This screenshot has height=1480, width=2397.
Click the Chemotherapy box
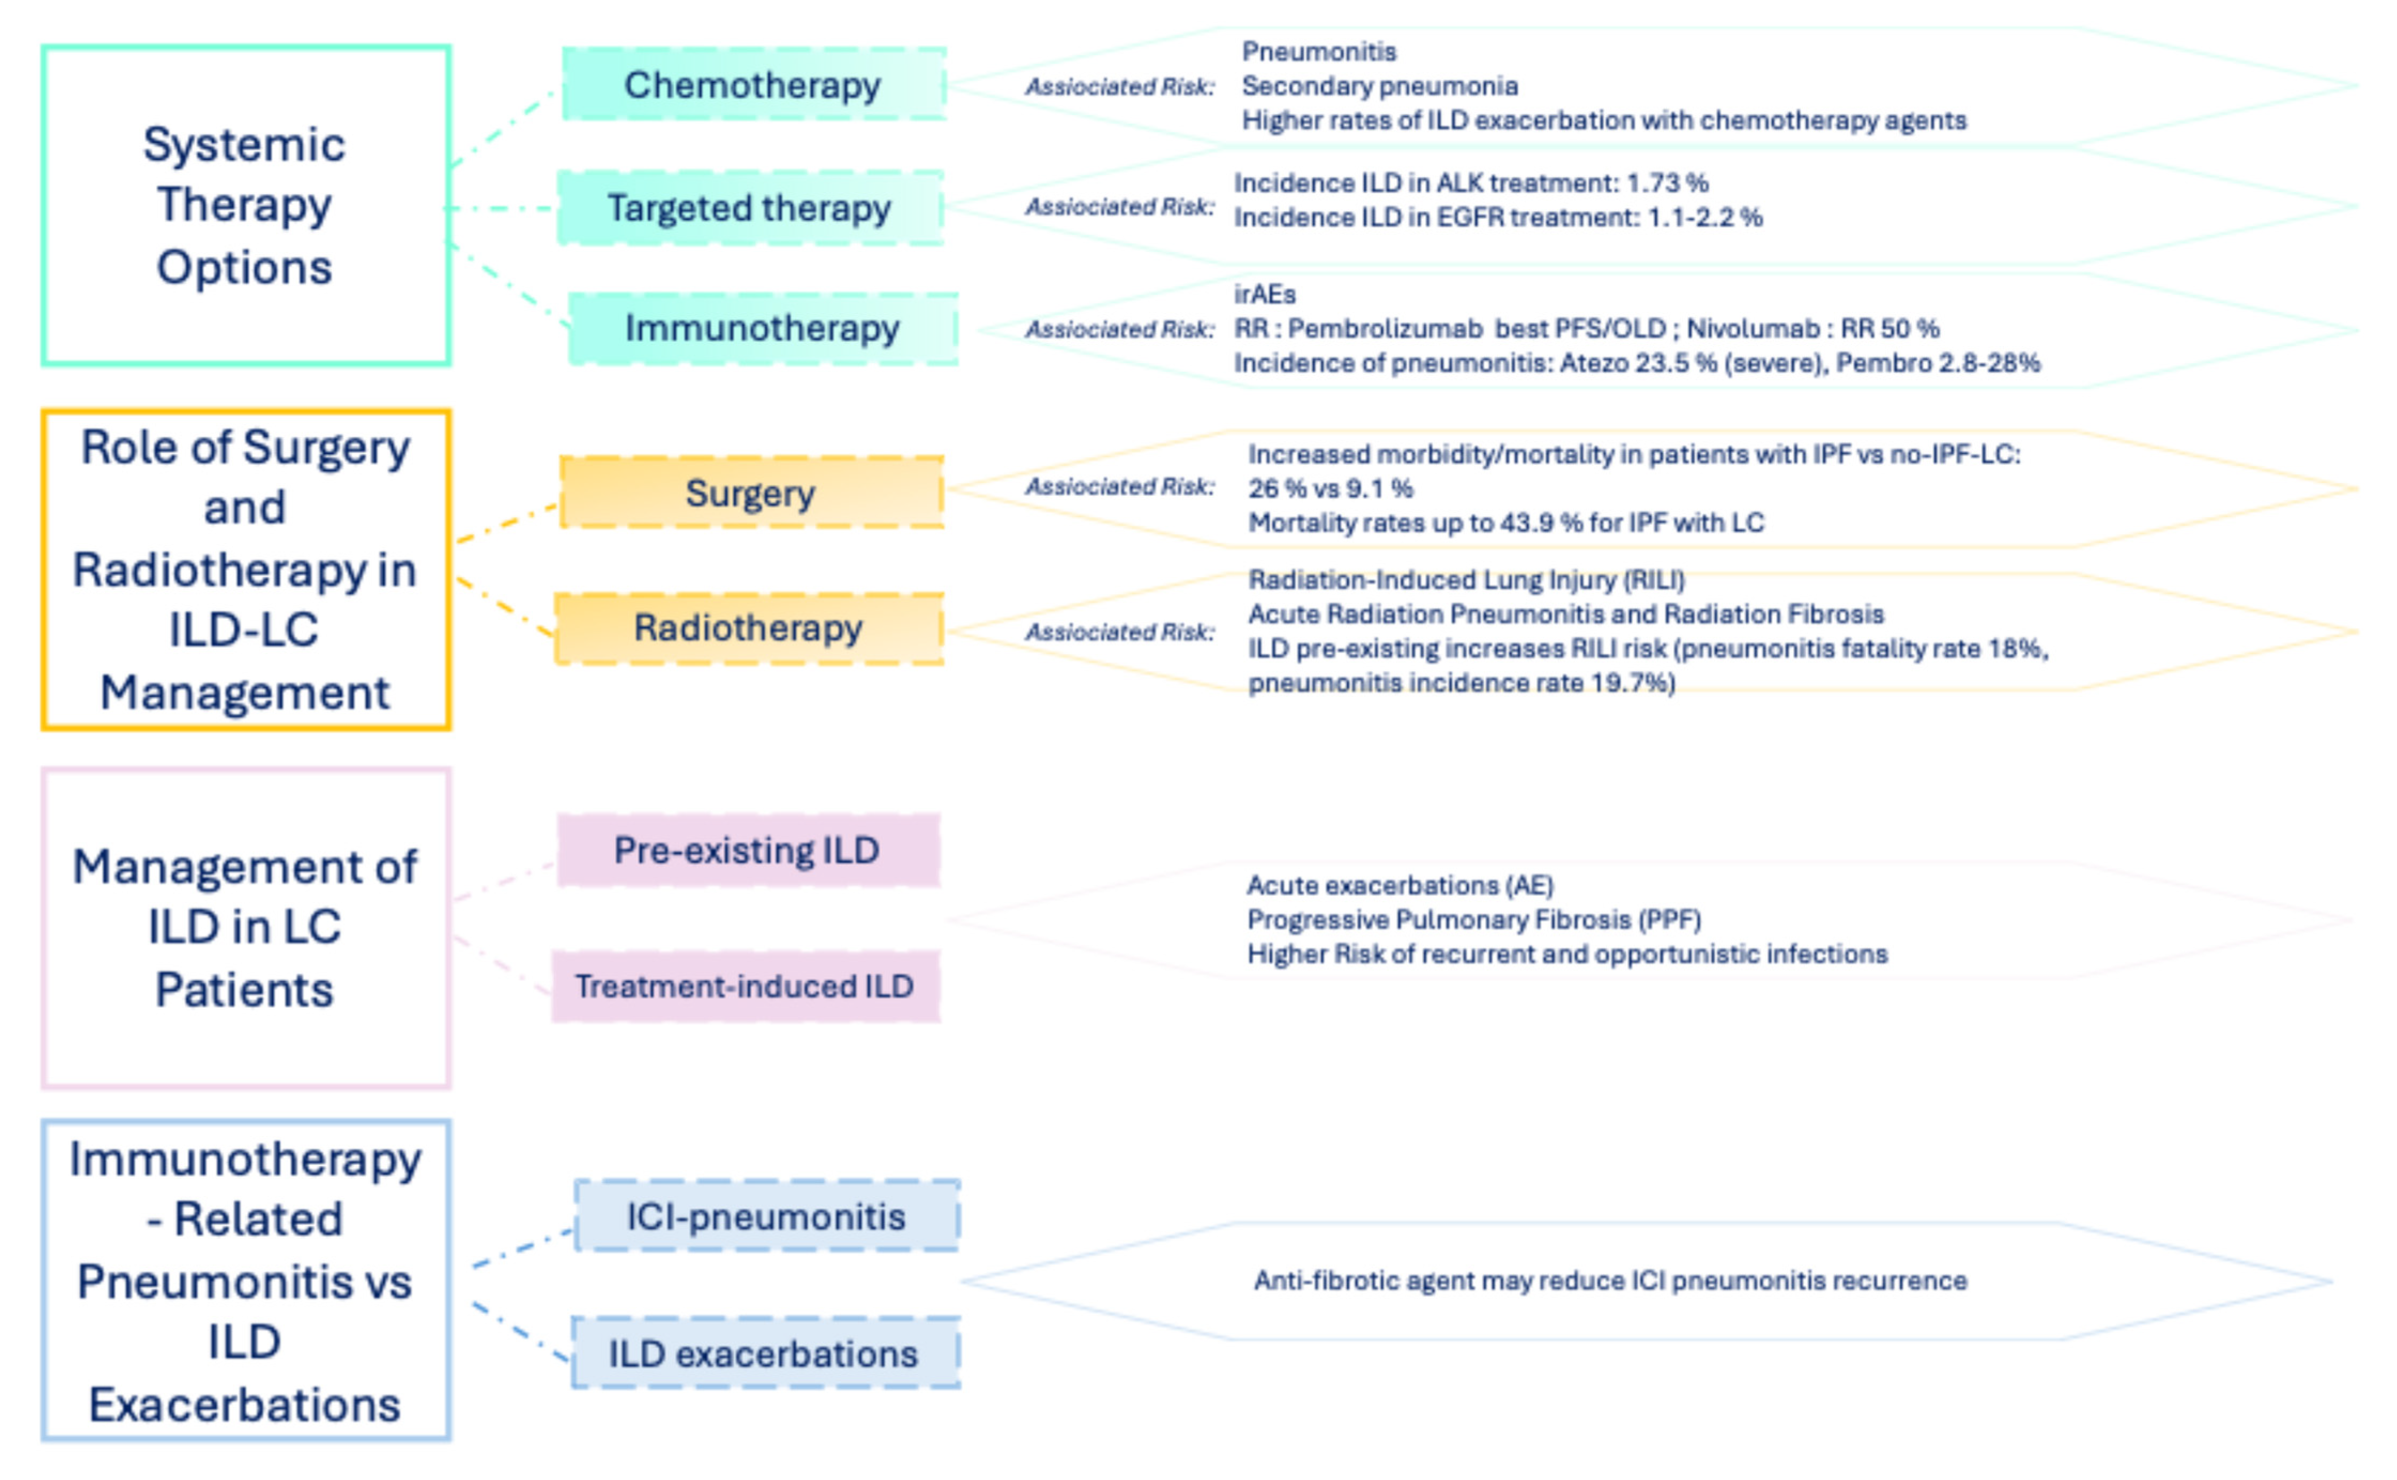tap(752, 85)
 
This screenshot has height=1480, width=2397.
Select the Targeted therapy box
tap(750, 208)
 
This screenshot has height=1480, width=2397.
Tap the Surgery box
tap(751, 493)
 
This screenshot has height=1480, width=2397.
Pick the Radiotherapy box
tap(749, 627)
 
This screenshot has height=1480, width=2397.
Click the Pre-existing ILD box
tap(748, 849)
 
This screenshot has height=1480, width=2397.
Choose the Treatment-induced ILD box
tap(745, 986)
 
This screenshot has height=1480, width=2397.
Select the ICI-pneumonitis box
tap(766, 1216)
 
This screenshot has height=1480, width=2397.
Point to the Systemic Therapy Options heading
tap(245, 205)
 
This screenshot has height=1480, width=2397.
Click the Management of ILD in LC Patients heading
tap(245, 927)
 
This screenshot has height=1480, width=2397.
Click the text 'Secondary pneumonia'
tap(1380, 86)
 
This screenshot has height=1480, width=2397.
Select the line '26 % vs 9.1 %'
tap(1330, 488)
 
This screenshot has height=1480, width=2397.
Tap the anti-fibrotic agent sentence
tap(1610, 1280)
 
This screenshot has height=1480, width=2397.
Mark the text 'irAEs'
tap(1265, 294)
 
